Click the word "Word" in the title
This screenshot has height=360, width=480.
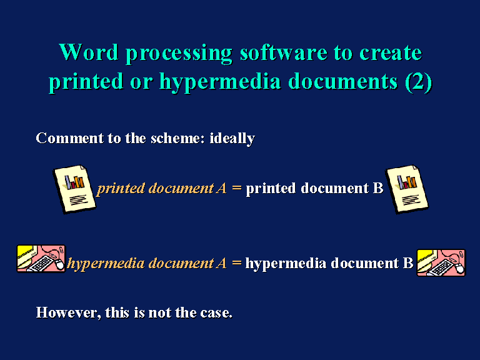pyautogui.click(x=89, y=52)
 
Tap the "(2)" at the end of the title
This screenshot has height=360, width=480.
pyautogui.click(x=418, y=82)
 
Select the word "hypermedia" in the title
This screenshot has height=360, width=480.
pyautogui.click(x=220, y=82)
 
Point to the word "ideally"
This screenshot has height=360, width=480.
pyautogui.click(x=232, y=139)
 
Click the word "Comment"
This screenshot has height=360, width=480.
pyautogui.click(x=69, y=138)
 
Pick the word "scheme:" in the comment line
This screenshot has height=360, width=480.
pyautogui.click(x=178, y=138)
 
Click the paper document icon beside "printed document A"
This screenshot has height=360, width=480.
pyautogui.click(x=74, y=189)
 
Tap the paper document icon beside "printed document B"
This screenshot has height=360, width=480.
pyautogui.click(x=407, y=189)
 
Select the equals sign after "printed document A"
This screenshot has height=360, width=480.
pyautogui.click(x=237, y=188)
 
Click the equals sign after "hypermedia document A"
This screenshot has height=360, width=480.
pyautogui.click(x=237, y=263)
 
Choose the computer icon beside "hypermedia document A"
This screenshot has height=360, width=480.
pyautogui.click(x=41, y=259)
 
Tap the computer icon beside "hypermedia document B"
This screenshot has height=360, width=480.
pyautogui.click(x=441, y=262)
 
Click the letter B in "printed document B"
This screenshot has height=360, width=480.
pyautogui.click(x=378, y=188)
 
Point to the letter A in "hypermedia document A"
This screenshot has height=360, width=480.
pyautogui.click(x=221, y=263)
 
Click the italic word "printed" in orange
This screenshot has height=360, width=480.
pyautogui.click(x=121, y=189)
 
